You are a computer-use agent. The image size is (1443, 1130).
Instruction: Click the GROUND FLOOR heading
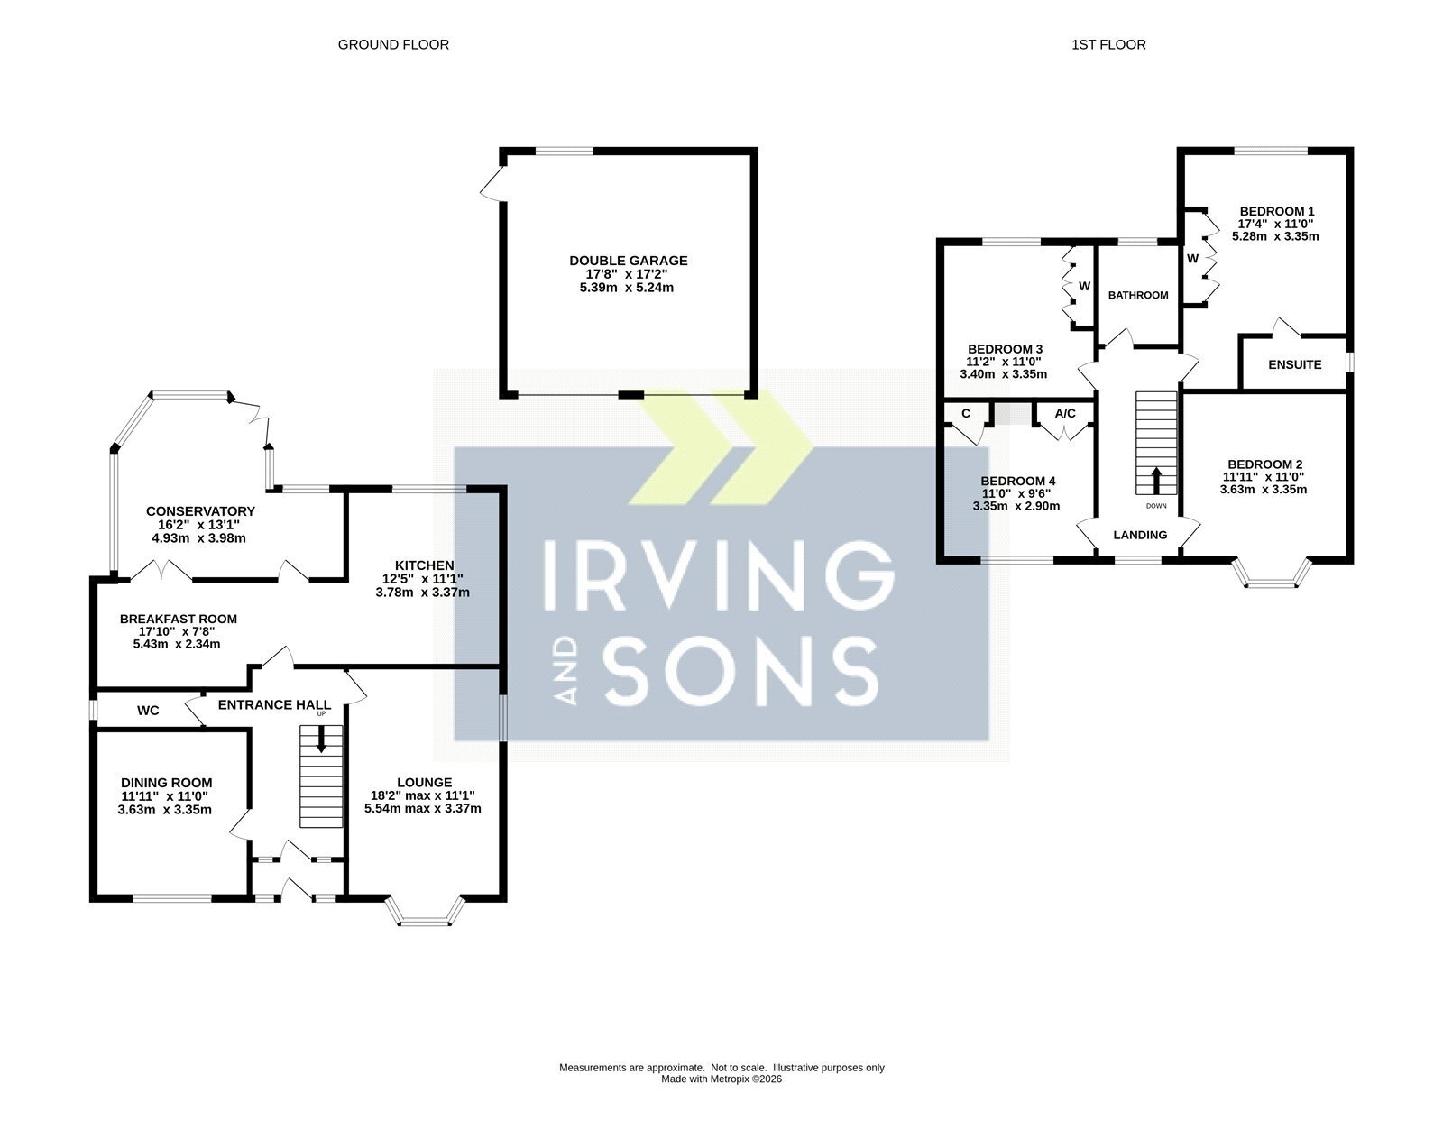pos(393,44)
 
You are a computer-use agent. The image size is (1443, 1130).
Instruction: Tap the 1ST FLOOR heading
pos(1108,44)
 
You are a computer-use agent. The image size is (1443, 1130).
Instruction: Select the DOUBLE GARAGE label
pos(629,261)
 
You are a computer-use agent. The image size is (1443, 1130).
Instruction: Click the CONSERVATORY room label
pos(200,511)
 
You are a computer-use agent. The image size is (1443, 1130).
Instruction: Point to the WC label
pos(148,711)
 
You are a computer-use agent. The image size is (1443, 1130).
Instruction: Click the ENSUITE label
pos(1295,364)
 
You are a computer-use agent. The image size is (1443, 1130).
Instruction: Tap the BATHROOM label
pos(1138,295)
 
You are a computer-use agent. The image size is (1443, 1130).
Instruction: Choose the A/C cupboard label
pos(1065,414)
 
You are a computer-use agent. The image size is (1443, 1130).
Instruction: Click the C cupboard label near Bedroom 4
pos(966,414)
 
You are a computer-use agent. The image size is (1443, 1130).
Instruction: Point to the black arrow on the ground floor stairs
pos(321,739)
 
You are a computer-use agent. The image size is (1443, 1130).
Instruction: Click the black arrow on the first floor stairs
pos(1156,481)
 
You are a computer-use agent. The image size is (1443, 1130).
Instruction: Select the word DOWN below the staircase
pos(1156,506)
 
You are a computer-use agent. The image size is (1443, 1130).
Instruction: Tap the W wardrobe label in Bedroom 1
pos(1192,258)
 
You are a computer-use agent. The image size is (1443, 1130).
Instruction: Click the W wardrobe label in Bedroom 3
pos(1084,286)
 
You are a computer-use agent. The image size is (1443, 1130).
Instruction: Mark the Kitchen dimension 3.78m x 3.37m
pos(422,593)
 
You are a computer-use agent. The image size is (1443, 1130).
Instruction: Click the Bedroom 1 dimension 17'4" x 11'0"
pos(1275,225)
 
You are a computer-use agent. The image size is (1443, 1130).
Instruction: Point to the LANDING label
pos(1140,535)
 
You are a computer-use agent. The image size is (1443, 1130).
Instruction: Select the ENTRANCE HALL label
pos(274,705)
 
